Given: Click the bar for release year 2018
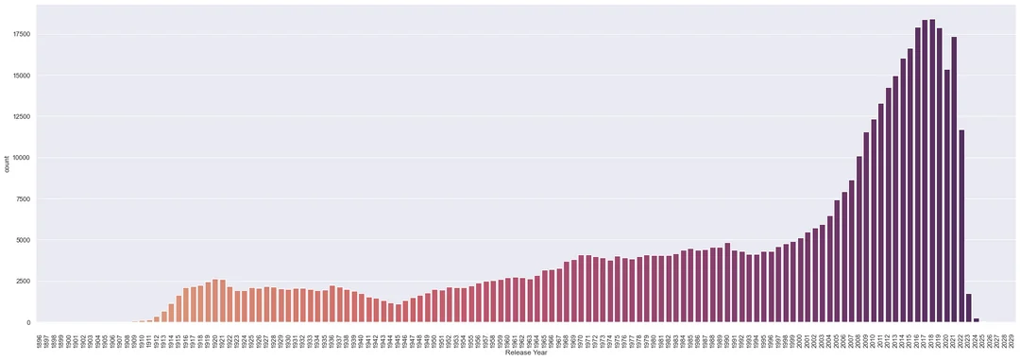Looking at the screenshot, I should click(932, 170).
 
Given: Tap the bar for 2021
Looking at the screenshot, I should click(954, 180).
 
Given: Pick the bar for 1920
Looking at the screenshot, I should click(215, 301).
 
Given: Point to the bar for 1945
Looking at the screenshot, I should click(399, 314).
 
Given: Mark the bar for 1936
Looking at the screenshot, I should click(332, 304).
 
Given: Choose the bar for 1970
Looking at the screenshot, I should click(581, 289).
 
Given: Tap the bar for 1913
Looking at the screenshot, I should click(164, 317).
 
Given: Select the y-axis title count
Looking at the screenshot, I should click(8, 163).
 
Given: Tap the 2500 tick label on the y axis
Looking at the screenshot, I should click(22, 281).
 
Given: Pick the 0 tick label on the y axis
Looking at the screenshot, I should click(28, 322).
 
